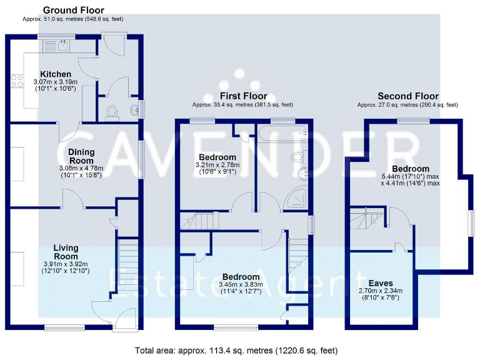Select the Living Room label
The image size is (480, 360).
(66, 252)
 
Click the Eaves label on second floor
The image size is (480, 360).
(381, 282)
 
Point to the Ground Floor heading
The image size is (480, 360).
(74, 10)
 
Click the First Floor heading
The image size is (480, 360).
(242, 96)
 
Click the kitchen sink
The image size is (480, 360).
(62, 44)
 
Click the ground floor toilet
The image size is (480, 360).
(112, 111)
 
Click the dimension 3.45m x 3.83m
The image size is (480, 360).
(241, 285)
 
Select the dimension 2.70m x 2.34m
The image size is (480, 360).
(381, 291)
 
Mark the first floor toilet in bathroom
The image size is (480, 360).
(297, 156)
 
